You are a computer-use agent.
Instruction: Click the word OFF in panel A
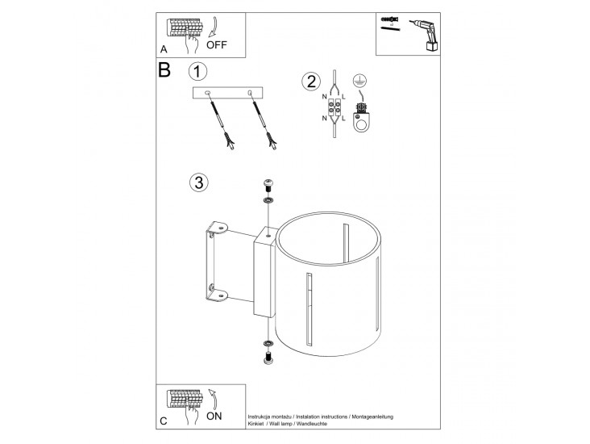pos(217,45)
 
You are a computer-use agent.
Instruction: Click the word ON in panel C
pos(214,416)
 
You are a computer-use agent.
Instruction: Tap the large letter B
pos(164,69)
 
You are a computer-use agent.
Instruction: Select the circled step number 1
pos(197,71)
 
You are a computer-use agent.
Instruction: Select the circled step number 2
pos(311,82)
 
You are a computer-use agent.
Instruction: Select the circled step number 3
pos(198,182)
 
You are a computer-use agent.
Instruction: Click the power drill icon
pos(426,35)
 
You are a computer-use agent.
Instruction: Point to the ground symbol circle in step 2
pos(360,81)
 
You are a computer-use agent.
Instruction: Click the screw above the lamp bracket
pos(268,186)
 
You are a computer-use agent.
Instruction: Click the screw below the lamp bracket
pos(268,358)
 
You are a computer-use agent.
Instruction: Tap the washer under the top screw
pos(268,199)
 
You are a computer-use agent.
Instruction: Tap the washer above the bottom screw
pos(268,344)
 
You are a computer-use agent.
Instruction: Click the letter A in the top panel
pos(164,49)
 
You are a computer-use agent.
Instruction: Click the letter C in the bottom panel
pos(164,421)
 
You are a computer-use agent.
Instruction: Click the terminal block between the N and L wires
pos(334,107)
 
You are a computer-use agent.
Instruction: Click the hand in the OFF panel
pos(192,40)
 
